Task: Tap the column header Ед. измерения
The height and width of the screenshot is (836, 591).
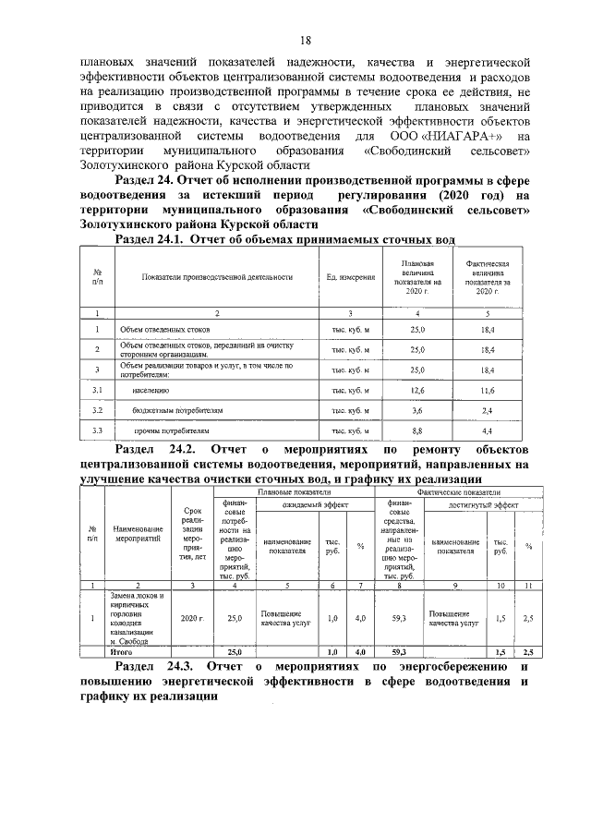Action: (x=351, y=276)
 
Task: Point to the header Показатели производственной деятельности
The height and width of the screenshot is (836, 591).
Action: (x=217, y=276)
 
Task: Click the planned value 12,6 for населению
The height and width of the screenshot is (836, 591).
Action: (x=417, y=392)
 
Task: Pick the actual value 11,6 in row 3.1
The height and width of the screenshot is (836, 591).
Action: (x=488, y=392)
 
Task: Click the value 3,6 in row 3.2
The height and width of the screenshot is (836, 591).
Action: (x=417, y=410)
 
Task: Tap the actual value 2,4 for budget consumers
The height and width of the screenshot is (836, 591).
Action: (x=488, y=410)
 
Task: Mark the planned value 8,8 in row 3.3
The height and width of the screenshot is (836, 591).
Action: (x=417, y=430)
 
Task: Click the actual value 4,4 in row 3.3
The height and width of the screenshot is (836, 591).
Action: (x=488, y=430)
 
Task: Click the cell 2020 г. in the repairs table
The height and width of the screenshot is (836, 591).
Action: (x=192, y=618)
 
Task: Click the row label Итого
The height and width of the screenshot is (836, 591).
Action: (x=122, y=651)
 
